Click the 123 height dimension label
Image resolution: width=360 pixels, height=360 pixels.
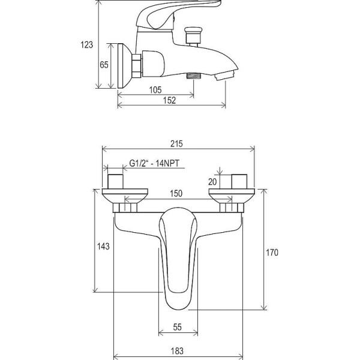86,45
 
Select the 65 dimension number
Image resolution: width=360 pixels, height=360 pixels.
104,65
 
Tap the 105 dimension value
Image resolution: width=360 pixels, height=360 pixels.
155,90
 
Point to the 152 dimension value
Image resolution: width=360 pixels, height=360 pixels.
170,100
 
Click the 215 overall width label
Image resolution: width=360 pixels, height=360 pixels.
176,144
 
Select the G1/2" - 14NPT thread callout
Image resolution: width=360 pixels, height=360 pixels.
154,163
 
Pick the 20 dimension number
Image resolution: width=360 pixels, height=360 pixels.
212,182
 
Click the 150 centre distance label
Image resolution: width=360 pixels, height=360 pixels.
176,194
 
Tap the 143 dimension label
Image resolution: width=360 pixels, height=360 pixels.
103,247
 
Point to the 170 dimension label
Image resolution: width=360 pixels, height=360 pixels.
272,253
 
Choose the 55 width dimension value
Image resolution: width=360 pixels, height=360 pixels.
177,327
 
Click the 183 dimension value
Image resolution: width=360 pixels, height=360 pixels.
177,351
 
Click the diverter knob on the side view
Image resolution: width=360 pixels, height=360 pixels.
193,36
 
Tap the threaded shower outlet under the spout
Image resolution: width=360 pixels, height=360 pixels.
194,76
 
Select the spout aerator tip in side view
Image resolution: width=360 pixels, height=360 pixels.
226,76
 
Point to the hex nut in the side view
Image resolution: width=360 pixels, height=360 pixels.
136,66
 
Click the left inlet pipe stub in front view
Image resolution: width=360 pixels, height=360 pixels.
115,182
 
